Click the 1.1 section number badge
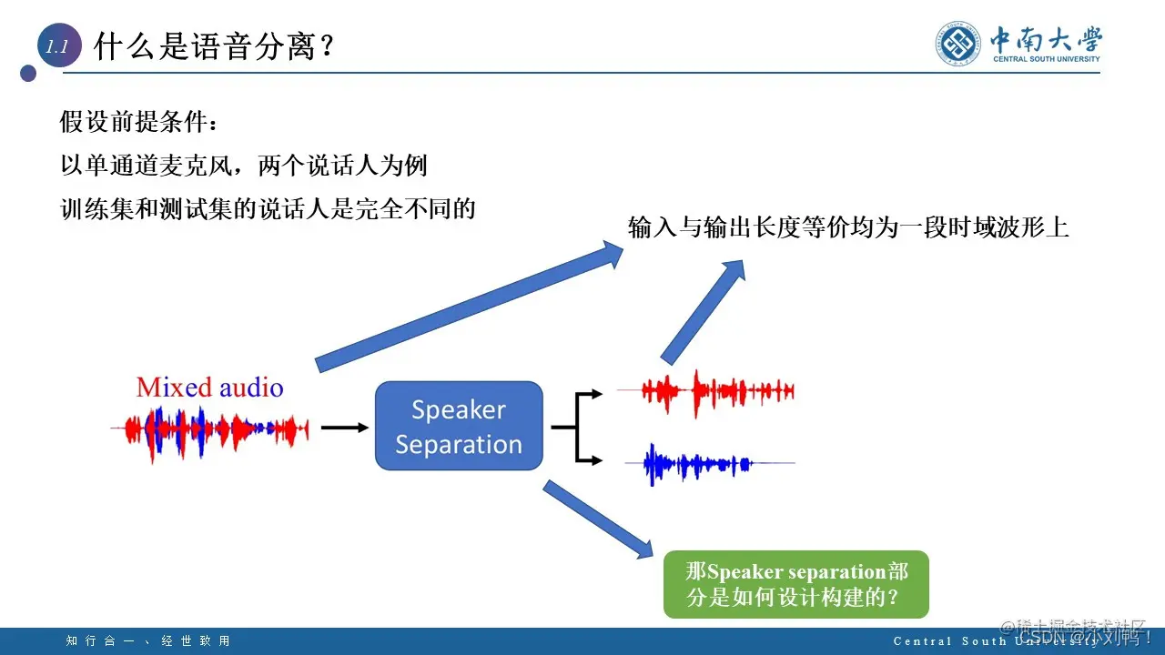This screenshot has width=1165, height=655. coord(58,48)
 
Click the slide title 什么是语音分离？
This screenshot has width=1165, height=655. coord(215,46)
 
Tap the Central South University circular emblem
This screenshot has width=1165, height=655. coord(959,44)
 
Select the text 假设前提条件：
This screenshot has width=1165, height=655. coord(139,122)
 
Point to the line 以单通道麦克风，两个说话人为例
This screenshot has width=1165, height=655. coord(243,166)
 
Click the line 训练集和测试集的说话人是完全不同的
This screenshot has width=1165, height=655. coord(268,209)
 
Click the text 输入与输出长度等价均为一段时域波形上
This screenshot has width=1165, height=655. coord(847,227)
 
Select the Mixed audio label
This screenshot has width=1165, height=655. coord(209,388)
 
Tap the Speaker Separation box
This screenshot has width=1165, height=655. coord(459,426)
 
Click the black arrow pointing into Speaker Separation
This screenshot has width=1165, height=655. coord(344,427)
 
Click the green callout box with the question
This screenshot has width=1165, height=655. coord(795,584)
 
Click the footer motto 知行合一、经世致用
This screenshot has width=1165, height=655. coord(148,641)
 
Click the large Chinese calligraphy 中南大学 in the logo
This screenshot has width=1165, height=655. coord(1046,39)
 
